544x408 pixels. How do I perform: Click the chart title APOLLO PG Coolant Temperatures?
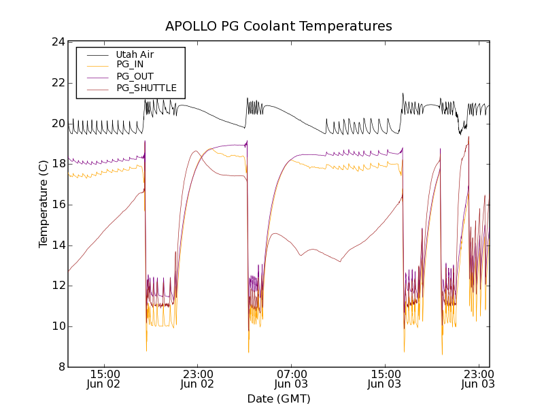pyautogui.click(x=279, y=27)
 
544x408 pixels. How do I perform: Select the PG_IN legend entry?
pyautogui.click(x=130, y=65)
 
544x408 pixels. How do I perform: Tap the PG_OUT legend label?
pyautogui.click(x=135, y=76)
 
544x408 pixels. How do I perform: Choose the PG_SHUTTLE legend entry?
pyautogui.click(x=146, y=88)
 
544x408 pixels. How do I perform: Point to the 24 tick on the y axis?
pyautogui.click(x=58, y=42)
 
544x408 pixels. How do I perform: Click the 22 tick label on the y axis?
pyautogui.click(x=58, y=83)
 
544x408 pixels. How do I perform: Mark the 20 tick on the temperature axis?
pyautogui.click(x=58, y=123)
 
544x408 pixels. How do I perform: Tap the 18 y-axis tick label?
pyautogui.click(x=58, y=164)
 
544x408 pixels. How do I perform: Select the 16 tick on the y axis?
pyautogui.click(x=58, y=205)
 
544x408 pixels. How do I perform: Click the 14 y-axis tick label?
pyautogui.click(x=58, y=245)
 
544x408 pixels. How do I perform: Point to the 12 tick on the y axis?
pyautogui.click(x=58, y=286)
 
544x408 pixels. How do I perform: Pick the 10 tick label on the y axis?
pyautogui.click(x=58, y=326)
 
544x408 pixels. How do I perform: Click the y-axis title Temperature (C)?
pyautogui.click(x=44, y=205)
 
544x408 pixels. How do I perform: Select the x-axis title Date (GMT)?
pyautogui.click(x=279, y=398)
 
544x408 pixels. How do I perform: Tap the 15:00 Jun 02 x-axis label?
pyautogui.click(x=105, y=379)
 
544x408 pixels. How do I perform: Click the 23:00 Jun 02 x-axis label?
pyautogui.click(x=198, y=379)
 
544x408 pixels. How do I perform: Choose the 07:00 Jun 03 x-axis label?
pyautogui.click(x=292, y=379)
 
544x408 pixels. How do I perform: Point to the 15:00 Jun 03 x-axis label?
pyautogui.click(x=385, y=379)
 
